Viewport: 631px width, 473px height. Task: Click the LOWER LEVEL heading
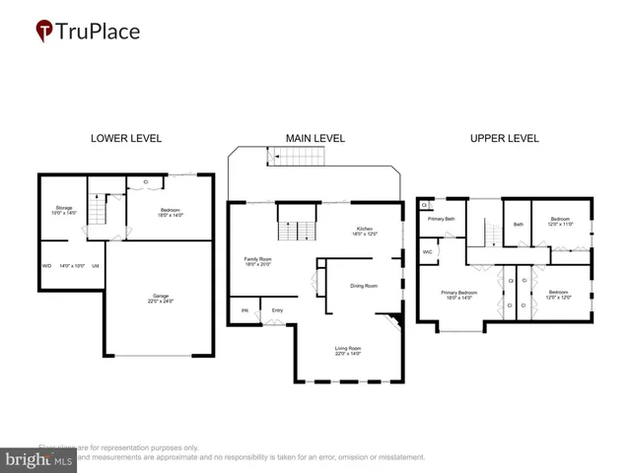(x=126, y=139)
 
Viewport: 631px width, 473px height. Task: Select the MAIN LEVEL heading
(x=315, y=139)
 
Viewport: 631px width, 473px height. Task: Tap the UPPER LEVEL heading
(x=504, y=139)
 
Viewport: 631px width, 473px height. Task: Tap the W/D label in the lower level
(x=46, y=266)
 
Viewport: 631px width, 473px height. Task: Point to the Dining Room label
(x=364, y=286)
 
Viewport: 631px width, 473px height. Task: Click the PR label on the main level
(x=244, y=313)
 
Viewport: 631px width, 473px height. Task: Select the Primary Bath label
(x=441, y=219)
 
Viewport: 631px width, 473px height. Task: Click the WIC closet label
(x=428, y=252)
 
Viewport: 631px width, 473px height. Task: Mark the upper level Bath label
(x=518, y=224)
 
